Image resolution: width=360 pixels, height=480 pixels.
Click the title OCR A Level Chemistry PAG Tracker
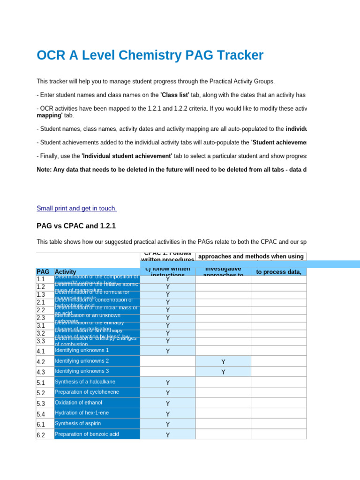click(x=150, y=55)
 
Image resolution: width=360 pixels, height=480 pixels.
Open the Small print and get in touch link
click(x=77, y=208)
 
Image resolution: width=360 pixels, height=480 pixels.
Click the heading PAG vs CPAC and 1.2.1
click(x=76, y=226)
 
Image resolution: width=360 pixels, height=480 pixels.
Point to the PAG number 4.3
click(x=41, y=372)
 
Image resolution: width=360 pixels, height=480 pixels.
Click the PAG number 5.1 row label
click(x=41, y=382)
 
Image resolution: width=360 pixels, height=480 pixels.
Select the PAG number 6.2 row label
click(x=41, y=435)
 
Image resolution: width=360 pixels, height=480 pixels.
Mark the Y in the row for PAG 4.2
click(x=223, y=362)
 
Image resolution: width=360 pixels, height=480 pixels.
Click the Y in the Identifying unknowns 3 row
click(x=223, y=372)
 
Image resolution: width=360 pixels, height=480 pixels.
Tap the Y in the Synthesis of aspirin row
click(x=168, y=425)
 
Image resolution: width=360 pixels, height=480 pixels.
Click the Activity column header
click(x=66, y=272)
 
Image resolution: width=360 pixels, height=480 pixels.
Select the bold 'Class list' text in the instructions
click(x=175, y=95)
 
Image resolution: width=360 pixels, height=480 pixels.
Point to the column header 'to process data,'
click(x=278, y=272)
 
